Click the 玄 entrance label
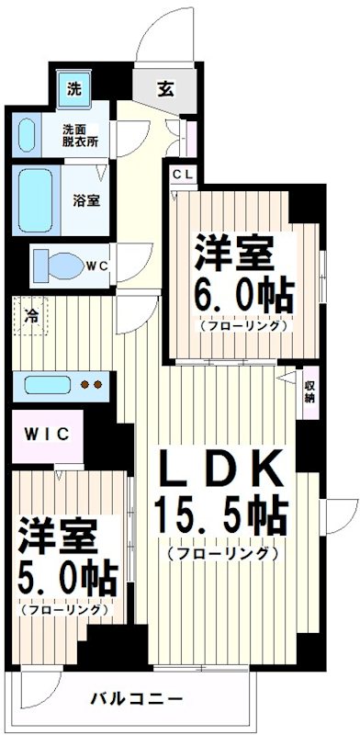(166, 90)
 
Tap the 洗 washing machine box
(73, 90)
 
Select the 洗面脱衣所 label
(81, 135)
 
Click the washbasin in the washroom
(28, 135)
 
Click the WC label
(98, 266)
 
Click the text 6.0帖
(242, 295)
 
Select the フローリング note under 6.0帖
(242, 324)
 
